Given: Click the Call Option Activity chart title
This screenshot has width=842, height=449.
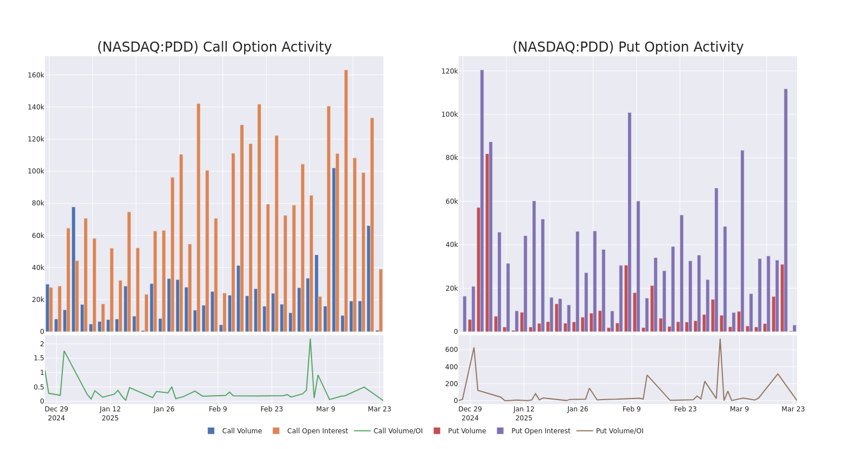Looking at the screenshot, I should [214, 47].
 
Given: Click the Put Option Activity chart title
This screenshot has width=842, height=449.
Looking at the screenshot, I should [628, 47].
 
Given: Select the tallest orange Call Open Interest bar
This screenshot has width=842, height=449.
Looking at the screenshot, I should [346, 200].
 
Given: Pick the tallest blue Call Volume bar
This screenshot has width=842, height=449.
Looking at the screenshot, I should [333, 250].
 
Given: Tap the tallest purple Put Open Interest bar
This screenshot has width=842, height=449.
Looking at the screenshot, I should [482, 200].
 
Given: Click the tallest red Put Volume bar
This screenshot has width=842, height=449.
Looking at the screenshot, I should [487, 242].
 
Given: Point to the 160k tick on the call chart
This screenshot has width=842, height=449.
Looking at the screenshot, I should [36, 75].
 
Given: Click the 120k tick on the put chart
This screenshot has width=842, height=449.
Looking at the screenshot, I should [450, 71].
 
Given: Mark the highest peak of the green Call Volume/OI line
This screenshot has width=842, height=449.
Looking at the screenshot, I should [310, 338].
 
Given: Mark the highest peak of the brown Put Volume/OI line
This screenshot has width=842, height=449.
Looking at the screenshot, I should [720, 338].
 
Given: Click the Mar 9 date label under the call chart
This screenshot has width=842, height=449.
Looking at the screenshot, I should [326, 409].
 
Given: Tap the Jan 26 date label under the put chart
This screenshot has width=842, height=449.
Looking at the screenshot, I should [578, 409].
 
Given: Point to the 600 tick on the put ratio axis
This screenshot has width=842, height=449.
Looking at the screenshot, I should [451, 350].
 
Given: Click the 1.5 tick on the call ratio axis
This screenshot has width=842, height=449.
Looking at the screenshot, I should [38, 358].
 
